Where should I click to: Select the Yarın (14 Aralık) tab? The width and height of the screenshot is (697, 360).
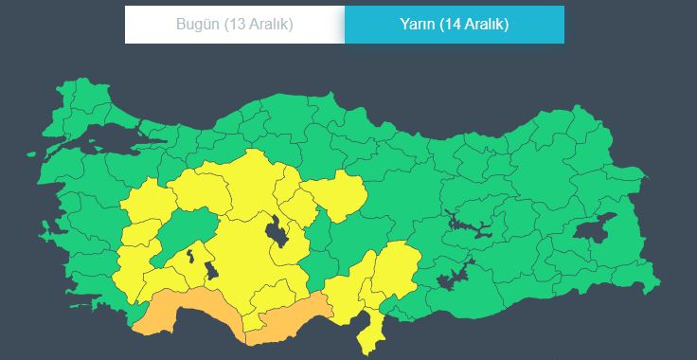pos(454,25)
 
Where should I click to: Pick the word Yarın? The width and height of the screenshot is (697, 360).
pos(418,25)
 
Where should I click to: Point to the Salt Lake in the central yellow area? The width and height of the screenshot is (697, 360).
pos(277,229)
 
